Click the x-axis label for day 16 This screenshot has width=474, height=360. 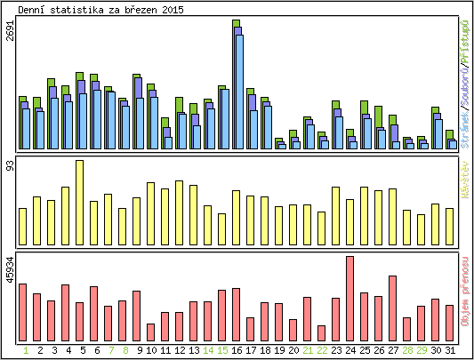[236, 350]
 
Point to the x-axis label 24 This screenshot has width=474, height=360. [349, 350]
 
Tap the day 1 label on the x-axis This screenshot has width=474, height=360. [23, 350]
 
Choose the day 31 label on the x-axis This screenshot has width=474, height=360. [449, 350]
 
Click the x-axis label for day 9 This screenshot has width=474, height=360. [137, 350]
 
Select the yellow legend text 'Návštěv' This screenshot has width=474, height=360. [465, 177]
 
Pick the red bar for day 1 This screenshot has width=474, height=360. [23, 312]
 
